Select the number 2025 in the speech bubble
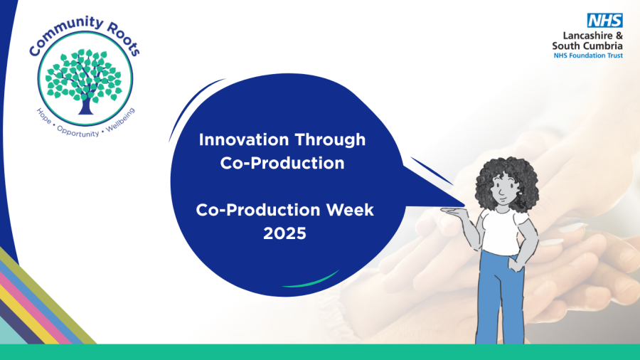point(284,233)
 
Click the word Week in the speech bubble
point(344,210)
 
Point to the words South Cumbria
point(587,46)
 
